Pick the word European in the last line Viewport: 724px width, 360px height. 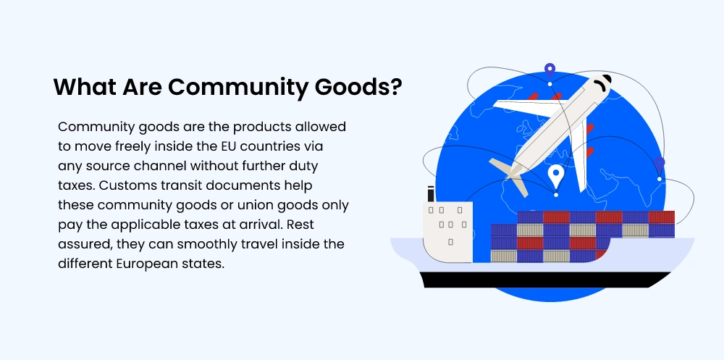tap(151, 263)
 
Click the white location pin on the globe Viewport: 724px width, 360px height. tap(555, 177)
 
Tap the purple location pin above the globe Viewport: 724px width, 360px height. tap(550, 72)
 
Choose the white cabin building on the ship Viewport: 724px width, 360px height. tap(447, 230)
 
